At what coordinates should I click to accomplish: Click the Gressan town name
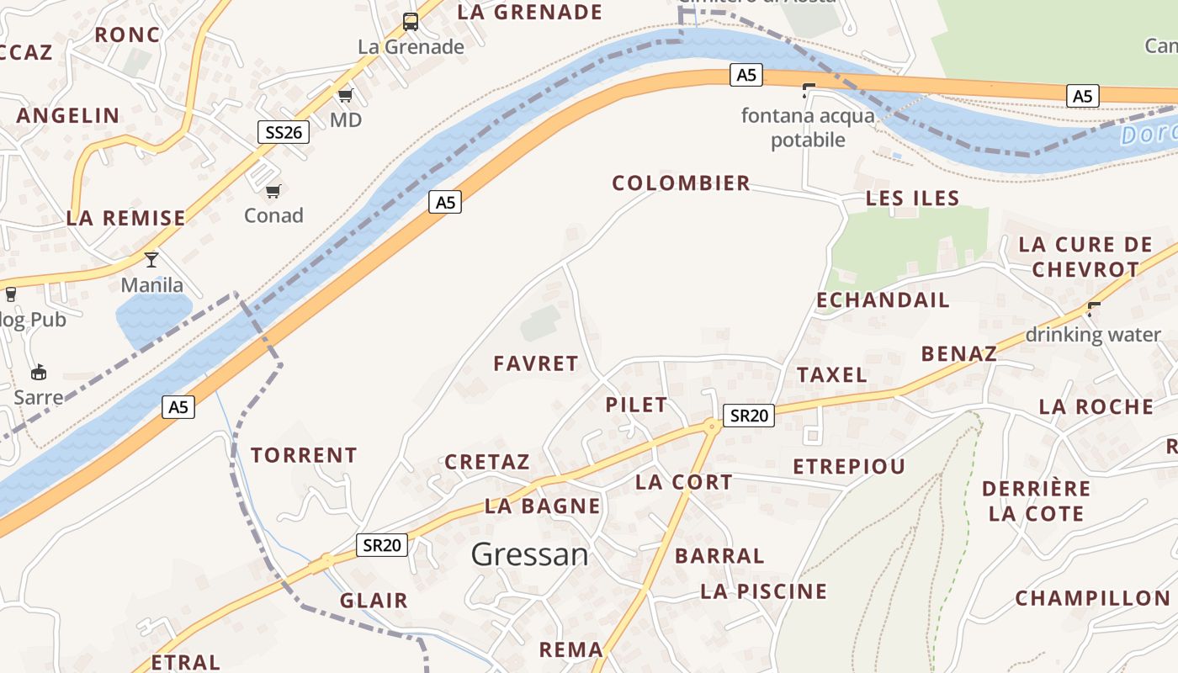tap(529, 554)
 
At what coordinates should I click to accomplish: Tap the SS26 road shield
tap(283, 131)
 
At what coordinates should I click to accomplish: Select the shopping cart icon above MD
tap(345, 95)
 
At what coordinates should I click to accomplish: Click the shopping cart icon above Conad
tap(273, 192)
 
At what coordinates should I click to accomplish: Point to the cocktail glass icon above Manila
tap(151, 259)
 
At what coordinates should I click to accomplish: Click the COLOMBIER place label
tap(681, 183)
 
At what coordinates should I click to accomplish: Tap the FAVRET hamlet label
tap(536, 363)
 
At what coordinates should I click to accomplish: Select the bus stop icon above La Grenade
tap(411, 22)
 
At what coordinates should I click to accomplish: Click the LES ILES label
tap(913, 199)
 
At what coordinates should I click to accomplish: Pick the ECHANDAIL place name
tap(883, 300)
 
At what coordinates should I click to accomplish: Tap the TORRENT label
tap(304, 455)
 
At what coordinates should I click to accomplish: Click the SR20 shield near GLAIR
tap(381, 545)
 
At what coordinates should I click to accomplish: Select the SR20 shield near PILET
tap(748, 415)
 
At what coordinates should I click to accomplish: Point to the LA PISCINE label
tap(764, 591)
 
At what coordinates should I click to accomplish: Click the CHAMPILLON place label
tap(1092, 598)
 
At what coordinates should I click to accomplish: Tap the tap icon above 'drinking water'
tap(1093, 309)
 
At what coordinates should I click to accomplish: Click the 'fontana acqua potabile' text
tap(808, 127)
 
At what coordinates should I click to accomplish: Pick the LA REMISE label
tap(126, 218)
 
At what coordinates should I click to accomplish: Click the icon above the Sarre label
tap(38, 372)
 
